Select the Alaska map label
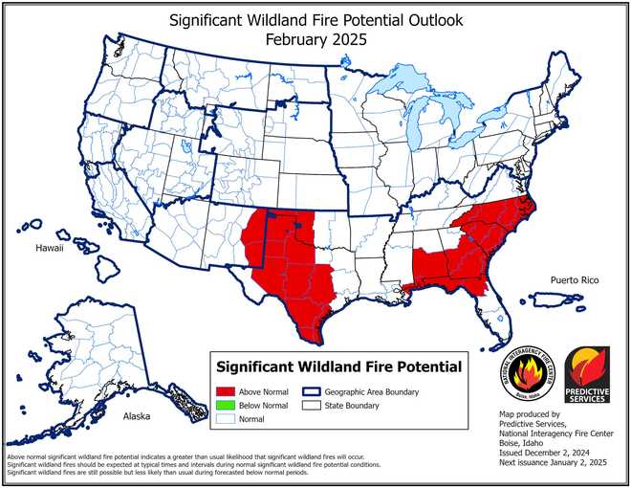tap(138, 418)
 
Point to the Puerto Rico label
tap(574, 279)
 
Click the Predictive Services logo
tap(585, 374)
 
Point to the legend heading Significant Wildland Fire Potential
tap(338, 366)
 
